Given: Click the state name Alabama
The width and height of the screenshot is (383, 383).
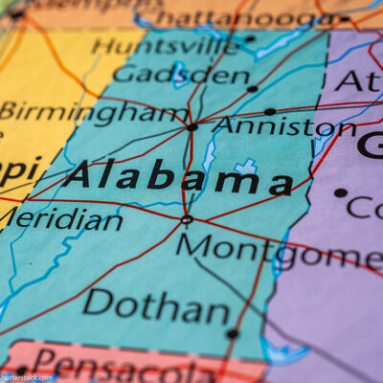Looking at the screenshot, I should [x=178, y=177].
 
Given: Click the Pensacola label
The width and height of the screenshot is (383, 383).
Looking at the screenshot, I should [x=124, y=365].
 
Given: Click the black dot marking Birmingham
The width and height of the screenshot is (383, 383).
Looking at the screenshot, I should [x=192, y=126].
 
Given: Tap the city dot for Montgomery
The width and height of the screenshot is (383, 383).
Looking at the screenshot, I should [x=187, y=219].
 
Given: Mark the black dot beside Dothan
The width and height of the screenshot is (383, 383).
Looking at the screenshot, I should [x=232, y=334].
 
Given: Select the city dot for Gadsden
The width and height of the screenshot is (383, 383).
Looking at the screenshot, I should [x=252, y=89].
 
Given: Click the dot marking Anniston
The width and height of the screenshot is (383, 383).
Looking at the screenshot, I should [x=270, y=112].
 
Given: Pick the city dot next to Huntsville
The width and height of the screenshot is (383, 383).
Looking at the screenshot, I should [x=250, y=39].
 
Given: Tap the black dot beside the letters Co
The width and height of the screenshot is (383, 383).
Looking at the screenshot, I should [x=340, y=192].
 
